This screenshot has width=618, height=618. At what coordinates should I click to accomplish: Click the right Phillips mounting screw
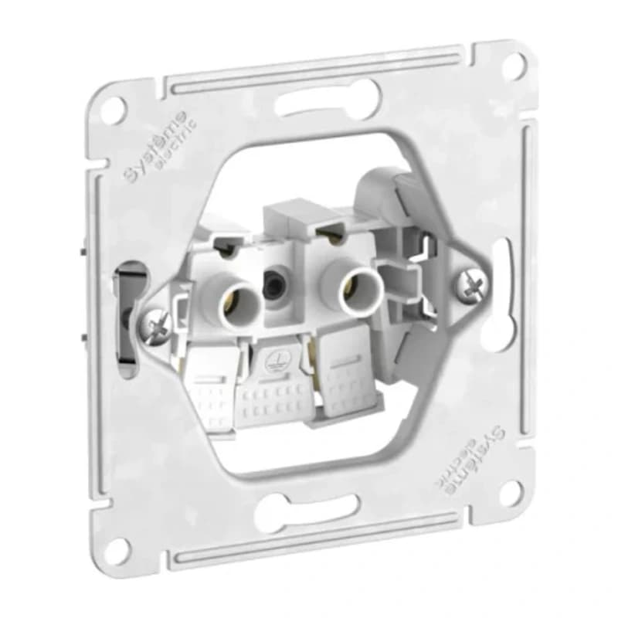(473, 282)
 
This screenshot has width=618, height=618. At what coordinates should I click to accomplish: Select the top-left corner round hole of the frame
(114, 108)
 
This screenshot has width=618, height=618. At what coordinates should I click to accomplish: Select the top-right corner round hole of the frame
(515, 63)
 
